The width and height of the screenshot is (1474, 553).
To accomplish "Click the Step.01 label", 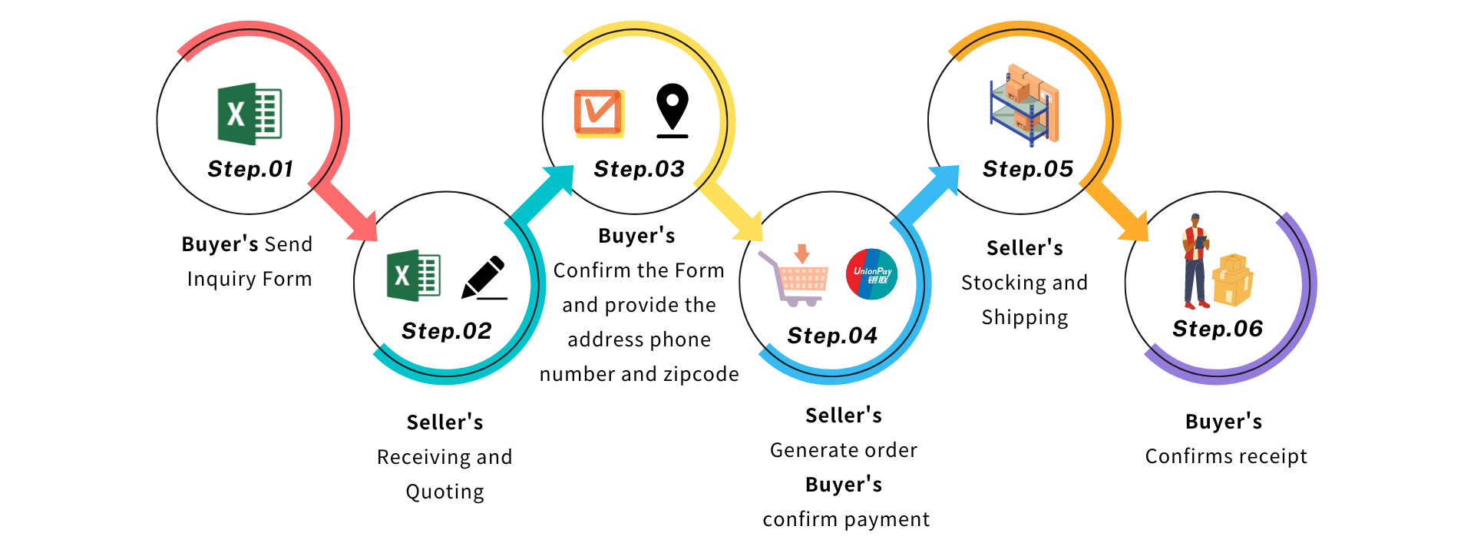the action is [x=250, y=169].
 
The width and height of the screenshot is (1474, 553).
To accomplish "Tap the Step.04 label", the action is [x=832, y=336].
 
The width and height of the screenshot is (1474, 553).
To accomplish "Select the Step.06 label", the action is [x=1218, y=329].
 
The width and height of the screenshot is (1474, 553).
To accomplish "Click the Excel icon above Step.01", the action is [x=250, y=114].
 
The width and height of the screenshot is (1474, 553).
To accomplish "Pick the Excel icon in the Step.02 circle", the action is [x=414, y=275].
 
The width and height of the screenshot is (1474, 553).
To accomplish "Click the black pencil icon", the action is [x=484, y=277].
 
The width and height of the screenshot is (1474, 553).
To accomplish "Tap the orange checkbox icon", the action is [x=599, y=113].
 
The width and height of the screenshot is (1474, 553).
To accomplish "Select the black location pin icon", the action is [x=673, y=111].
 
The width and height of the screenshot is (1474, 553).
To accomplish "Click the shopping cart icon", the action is [x=794, y=276].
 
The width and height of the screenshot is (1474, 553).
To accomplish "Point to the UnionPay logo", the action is [x=871, y=274].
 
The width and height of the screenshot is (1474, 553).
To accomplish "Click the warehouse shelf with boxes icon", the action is [x=1025, y=105].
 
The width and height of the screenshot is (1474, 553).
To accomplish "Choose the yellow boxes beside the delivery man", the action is [x=1233, y=280].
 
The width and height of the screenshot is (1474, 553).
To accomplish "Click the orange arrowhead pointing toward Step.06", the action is [x=1133, y=227].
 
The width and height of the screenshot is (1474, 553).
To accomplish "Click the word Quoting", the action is [x=445, y=492].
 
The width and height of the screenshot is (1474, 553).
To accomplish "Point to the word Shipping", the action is [x=1025, y=318].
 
